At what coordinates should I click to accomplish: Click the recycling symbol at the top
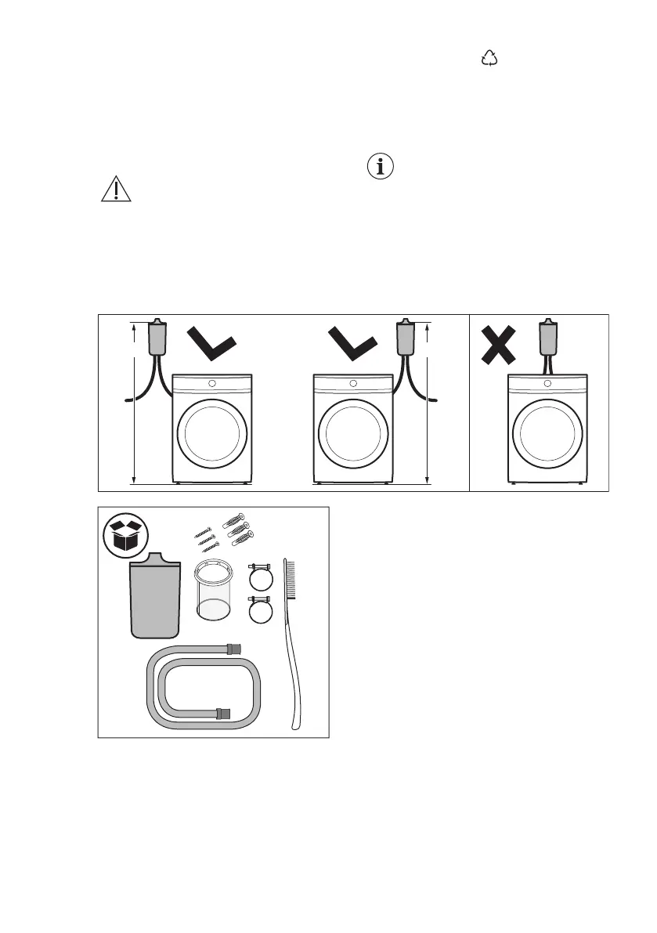(490, 57)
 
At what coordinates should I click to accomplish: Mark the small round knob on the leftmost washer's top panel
(211, 384)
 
